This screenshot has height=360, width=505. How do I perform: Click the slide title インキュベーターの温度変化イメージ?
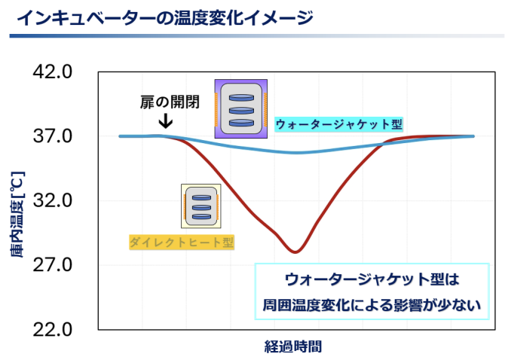(x=164, y=18)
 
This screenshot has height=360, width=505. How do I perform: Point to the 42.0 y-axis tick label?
(x=53, y=72)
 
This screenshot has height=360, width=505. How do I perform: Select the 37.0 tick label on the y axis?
(x=53, y=136)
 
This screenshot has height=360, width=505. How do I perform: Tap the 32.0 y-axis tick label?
(x=53, y=200)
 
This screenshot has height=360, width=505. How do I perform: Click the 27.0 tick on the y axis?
(x=53, y=265)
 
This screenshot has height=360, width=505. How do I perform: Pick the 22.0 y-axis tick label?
(x=53, y=330)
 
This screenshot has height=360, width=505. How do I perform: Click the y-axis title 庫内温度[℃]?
(x=17, y=215)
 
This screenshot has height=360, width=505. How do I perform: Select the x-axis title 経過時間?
(x=293, y=346)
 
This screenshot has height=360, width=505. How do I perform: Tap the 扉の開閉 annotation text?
(x=170, y=102)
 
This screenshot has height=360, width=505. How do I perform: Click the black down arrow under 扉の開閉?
(x=166, y=121)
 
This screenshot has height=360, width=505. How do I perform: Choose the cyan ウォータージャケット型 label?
(x=339, y=124)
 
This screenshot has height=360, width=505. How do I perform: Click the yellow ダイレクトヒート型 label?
(x=182, y=242)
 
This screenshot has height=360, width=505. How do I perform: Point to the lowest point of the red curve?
(x=295, y=252)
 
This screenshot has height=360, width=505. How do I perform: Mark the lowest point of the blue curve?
(x=296, y=152)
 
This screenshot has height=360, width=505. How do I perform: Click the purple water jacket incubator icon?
(x=241, y=108)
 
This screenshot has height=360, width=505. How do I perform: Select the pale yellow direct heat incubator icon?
(x=201, y=206)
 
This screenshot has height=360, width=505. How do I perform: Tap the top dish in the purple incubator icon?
(x=241, y=97)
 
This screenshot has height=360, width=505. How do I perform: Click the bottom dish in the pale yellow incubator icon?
(x=201, y=216)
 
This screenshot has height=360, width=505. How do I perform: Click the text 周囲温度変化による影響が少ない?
(x=372, y=305)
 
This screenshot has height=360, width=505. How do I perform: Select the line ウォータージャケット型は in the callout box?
(x=372, y=279)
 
